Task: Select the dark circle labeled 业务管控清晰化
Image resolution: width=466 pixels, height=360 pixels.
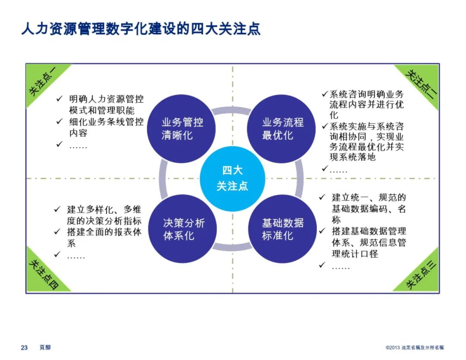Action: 182,129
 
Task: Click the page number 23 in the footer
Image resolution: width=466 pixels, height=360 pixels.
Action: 25,347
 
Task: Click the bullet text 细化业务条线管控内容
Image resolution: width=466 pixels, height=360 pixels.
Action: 106,127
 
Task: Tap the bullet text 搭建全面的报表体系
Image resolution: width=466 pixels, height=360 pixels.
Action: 104,237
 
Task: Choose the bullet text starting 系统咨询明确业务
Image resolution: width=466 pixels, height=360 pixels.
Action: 367,104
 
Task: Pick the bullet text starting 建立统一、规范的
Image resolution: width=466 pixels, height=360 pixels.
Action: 368,209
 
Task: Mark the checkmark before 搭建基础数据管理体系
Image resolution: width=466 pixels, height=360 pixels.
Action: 322,231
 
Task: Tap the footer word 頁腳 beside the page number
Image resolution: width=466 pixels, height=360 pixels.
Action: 45,347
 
